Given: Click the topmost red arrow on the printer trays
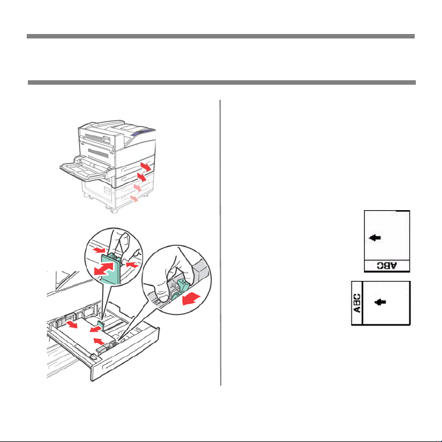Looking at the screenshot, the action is tap(146, 167).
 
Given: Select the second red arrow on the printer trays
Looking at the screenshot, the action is tap(142, 177).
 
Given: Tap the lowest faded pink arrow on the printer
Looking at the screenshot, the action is tap(134, 198).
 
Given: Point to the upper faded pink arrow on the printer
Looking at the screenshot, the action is tap(138, 188).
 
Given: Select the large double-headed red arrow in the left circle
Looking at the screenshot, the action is tap(104, 269).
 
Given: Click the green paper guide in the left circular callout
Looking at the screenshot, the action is tap(111, 268).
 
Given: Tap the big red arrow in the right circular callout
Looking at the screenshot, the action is tap(191, 299).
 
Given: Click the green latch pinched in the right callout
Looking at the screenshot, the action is tap(181, 288).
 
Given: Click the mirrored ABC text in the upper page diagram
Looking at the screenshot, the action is tap(387, 265).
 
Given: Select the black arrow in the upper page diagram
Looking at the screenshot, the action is tap(375, 237).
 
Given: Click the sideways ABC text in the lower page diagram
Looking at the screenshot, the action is tap(357, 303).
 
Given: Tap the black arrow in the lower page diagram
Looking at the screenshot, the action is tap(380, 302).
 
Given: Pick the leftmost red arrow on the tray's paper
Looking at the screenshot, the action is tap(71, 324).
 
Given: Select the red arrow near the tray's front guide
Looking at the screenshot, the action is tap(99, 341).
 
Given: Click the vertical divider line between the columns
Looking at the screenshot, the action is tap(220, 242).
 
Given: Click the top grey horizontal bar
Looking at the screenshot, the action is tap(221, 36).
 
